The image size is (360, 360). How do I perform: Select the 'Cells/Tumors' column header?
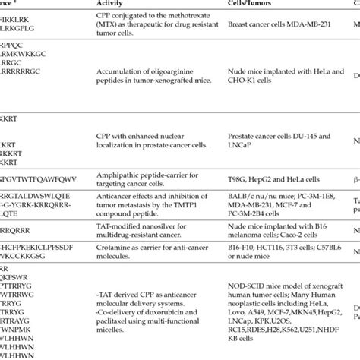click(x=251, y=4)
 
